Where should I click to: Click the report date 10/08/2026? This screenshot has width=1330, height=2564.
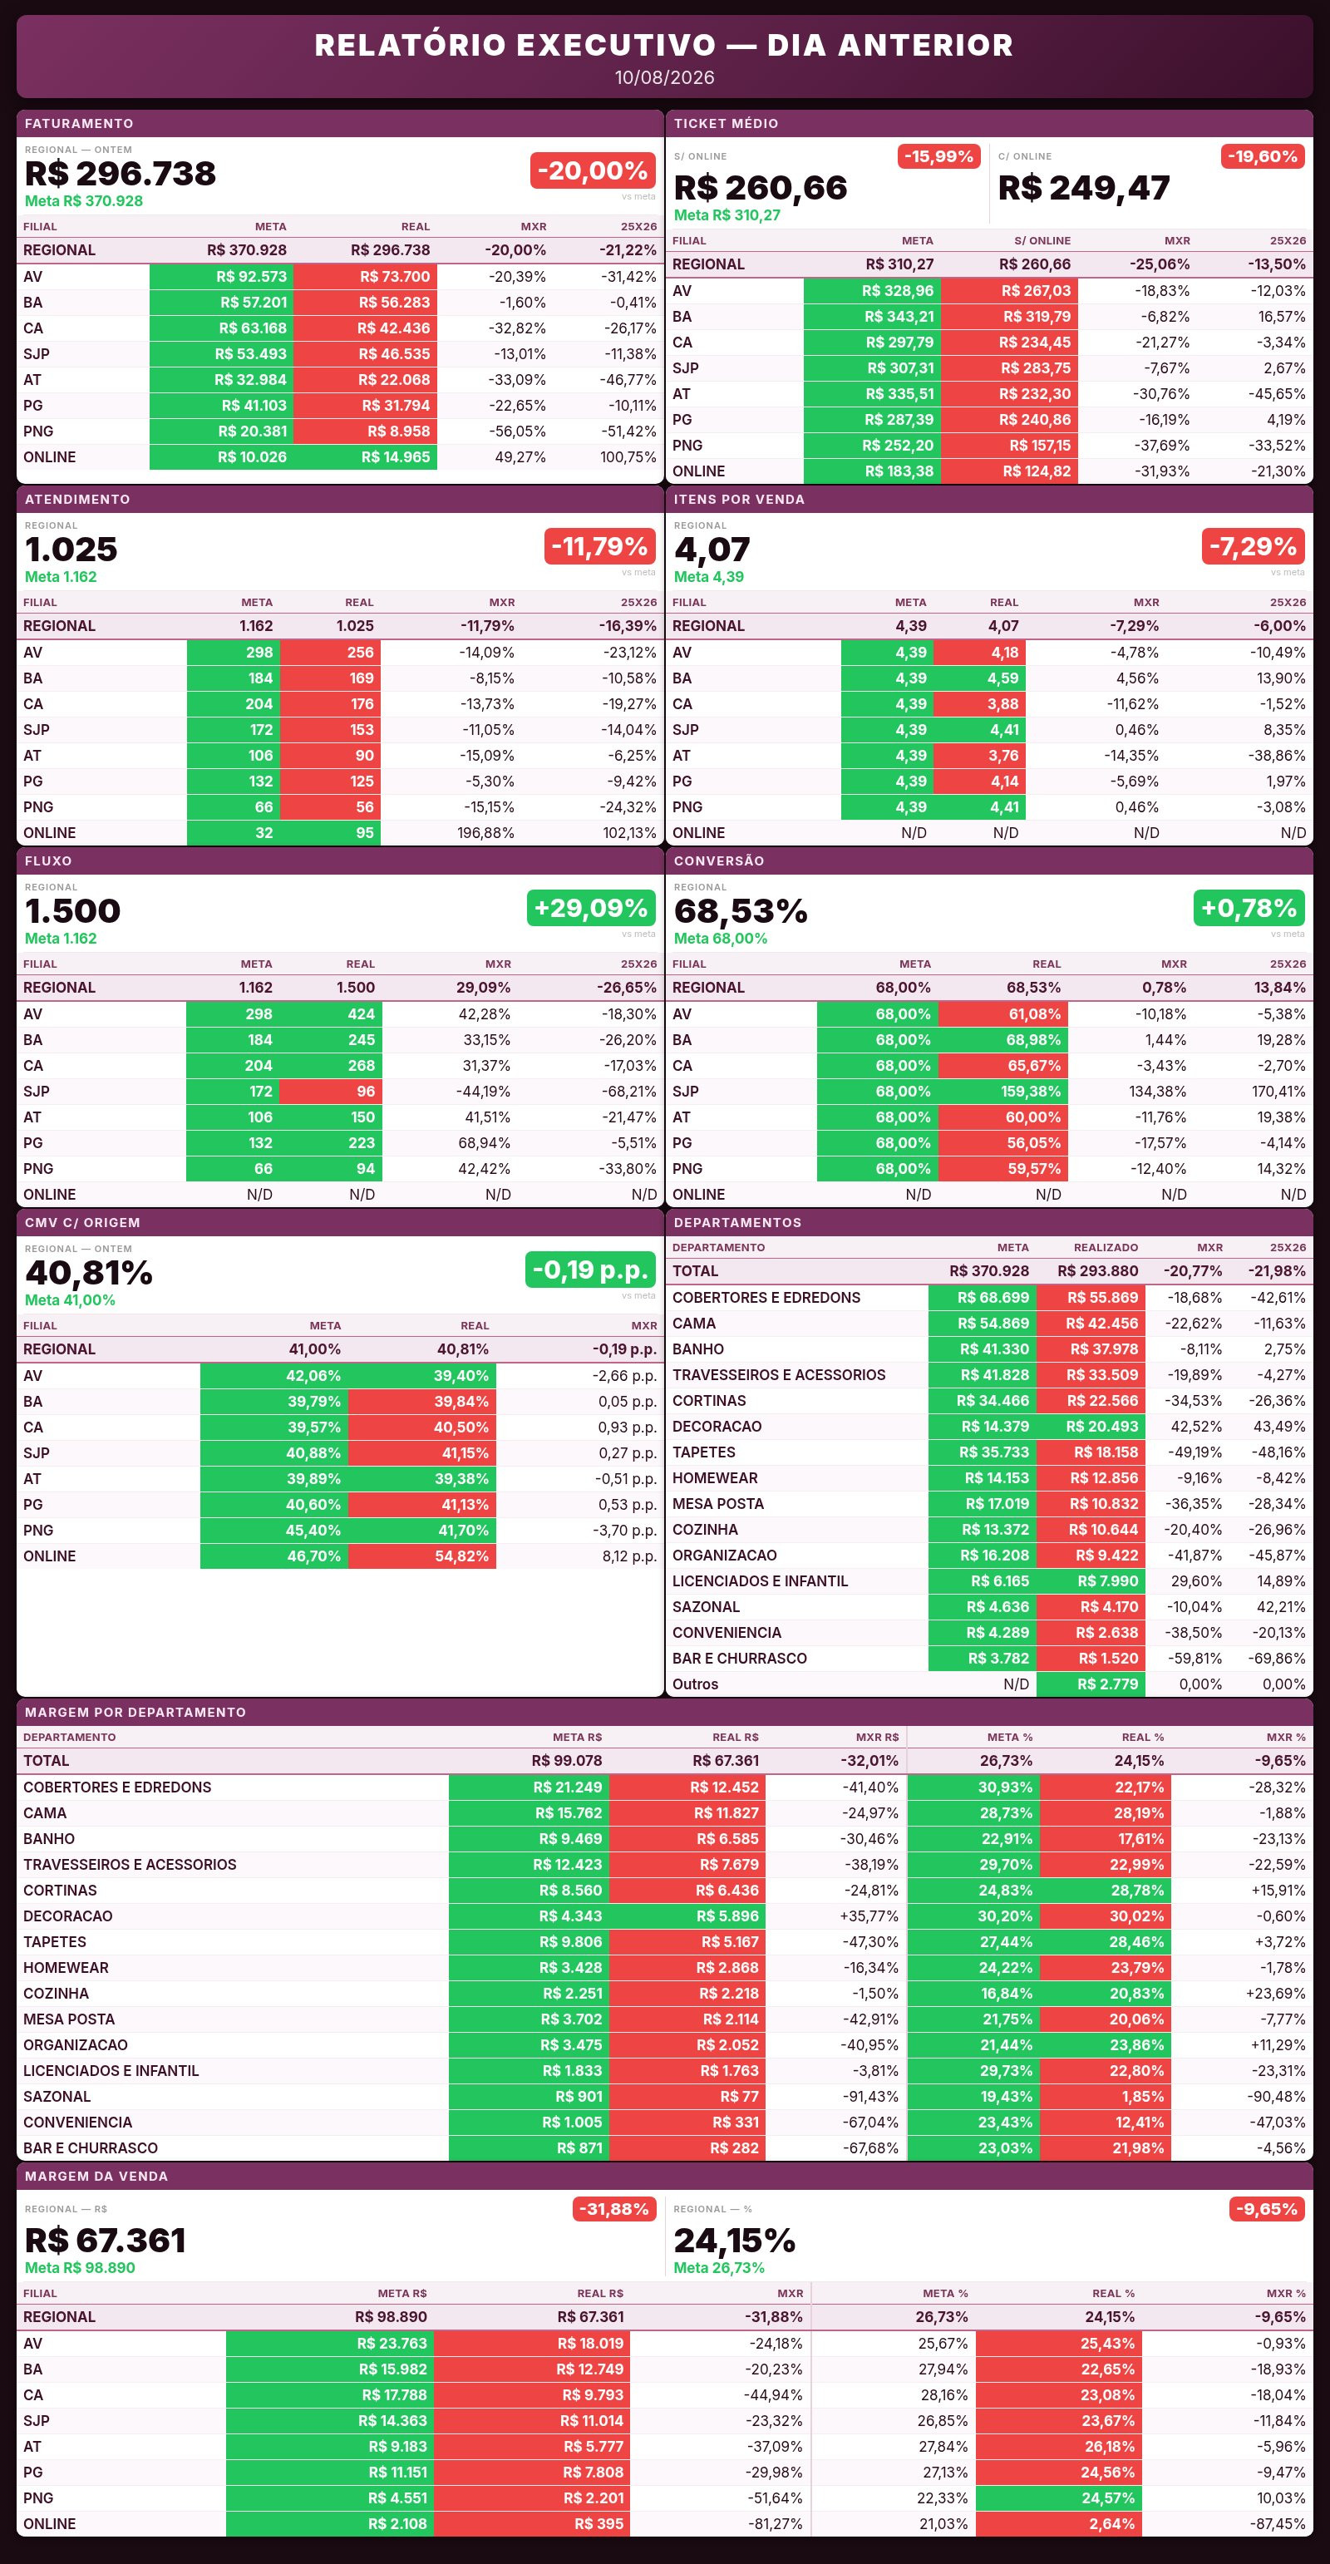coord(664,77)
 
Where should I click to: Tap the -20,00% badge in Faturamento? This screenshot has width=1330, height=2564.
coord(593,171)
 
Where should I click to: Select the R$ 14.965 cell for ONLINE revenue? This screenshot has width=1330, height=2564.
coord(366,457)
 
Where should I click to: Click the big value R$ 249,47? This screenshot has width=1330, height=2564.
coord(1083,188)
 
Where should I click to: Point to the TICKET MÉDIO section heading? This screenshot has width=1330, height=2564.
coord(726,123)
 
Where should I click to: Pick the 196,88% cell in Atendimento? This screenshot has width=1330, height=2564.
coord(485,833)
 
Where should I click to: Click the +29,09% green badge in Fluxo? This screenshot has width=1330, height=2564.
coord(590,908)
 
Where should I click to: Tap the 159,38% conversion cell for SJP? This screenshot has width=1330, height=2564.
coord(1002,1091)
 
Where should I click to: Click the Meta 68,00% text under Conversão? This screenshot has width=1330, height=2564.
coord(720,939)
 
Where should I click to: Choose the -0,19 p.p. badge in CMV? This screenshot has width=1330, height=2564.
coord(590,1269)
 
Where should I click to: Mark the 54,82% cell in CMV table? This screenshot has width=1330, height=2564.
coord(422,1556)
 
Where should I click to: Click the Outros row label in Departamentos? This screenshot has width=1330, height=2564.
coord(695,1684)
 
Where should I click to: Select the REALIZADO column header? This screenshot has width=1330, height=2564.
coord(1105,1247)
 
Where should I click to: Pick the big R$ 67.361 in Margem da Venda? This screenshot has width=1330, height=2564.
coord(106,2241)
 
